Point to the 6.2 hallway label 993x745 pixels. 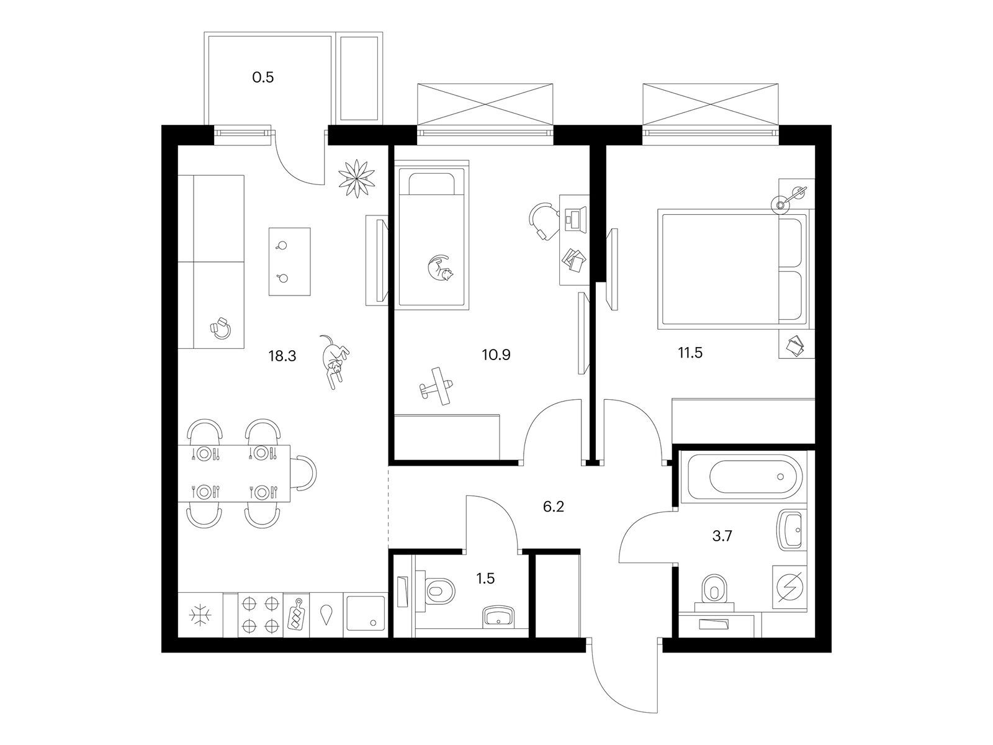[x=553, y=507]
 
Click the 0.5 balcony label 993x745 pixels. [x=263, y=78]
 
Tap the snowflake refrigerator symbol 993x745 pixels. [x=200, y=615]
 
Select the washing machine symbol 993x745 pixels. [x=789, y=585]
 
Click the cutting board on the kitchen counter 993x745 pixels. [x=295, y=614]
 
